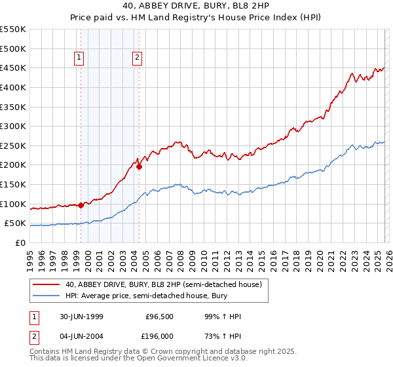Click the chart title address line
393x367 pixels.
[196, 5]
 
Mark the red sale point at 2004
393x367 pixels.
[139, 166]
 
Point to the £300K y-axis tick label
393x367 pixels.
[13, 126]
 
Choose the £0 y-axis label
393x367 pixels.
[21, 243]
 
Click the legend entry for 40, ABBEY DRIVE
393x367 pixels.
[163, 284]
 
